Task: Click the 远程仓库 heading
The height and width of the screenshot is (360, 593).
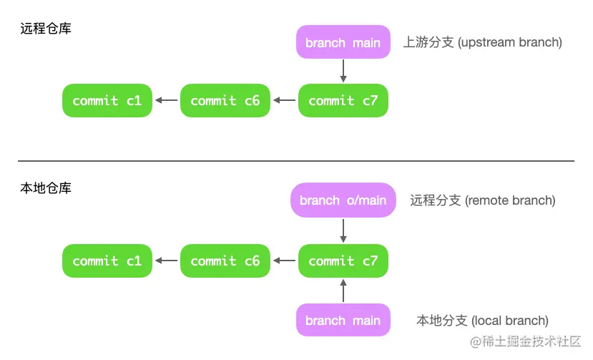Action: tap(46, 29)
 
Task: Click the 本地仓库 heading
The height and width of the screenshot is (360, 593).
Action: tap(46, 188)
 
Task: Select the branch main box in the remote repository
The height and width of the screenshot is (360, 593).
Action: tap(343, 42)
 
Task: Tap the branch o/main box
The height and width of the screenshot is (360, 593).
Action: tap(343, 200)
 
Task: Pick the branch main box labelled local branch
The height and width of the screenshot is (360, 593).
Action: tap(343, 320)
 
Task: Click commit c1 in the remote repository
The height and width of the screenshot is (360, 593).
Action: tap(107, 100)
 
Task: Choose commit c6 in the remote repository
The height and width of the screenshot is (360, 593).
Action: tap(225, 100)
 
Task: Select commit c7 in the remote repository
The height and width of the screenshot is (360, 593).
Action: tap(343, 100)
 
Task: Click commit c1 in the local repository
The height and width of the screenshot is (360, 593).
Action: tap(107, 261)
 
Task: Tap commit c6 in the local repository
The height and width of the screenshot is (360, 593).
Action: tap(225, 261)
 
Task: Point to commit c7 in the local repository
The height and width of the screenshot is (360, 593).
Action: tap(343, 261)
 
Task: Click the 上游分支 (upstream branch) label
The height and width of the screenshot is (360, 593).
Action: tap(483, 42)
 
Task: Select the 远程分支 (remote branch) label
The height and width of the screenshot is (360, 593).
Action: tap(483, 200)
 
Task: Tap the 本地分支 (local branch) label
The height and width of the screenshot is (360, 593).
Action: tap(483, 320)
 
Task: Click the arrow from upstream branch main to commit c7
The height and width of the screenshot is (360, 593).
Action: tap(343, 71)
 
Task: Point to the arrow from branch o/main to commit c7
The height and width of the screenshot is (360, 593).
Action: tap(343, 230)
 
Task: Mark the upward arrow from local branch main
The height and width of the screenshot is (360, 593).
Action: tap(343, 291)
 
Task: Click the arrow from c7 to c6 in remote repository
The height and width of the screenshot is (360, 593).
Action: tap(284, 100)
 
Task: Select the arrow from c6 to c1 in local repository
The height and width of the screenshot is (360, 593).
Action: tap(167, 261)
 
